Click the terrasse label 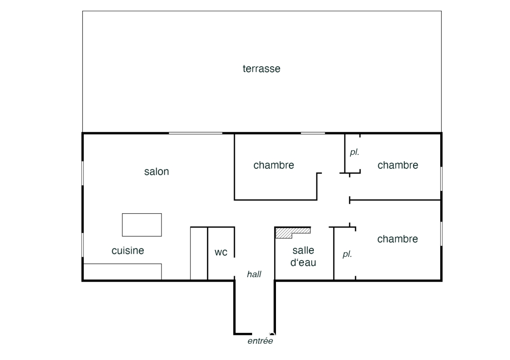coord(262,68)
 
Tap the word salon coord(157,171)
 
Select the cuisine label coord(127,250)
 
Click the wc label coord(221,252)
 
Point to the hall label coord(254,274)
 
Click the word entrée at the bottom coord(260,341)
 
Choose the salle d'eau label coord(303,256)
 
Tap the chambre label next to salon coord(274,165)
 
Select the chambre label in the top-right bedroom coord(398,165)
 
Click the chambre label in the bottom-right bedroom coord(397,239)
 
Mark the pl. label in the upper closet coord(355,152)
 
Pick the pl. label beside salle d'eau coord(348,254)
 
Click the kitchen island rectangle coord(142,225)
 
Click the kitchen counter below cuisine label coord(122,271)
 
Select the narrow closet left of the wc coord(199,253)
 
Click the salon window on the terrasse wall coord(195,133)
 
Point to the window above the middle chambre coord(313,133)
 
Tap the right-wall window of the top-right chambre coord(442,179)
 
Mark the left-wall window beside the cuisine coord(83,245)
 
